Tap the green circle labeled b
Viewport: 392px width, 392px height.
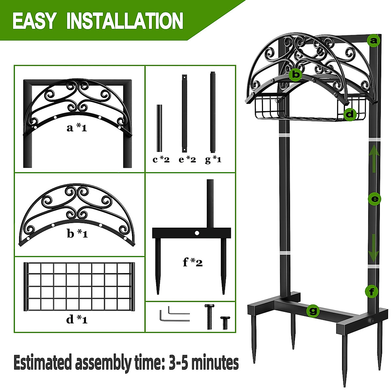296,75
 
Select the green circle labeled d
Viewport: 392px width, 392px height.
350,114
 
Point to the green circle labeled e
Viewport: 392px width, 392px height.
375,199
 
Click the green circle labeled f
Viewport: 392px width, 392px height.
372,291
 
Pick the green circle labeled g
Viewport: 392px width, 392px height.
313,311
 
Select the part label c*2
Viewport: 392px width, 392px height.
161,160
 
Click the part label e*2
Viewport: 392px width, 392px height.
187,160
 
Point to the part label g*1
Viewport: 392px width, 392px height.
213,160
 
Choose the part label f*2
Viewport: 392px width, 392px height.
193,262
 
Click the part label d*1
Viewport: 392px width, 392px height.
77,319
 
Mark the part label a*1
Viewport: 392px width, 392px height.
77,128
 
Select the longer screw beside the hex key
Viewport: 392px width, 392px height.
209,316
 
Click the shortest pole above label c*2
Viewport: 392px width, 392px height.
159,128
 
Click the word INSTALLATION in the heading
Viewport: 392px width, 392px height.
125,21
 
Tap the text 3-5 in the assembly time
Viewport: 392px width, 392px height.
179,363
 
